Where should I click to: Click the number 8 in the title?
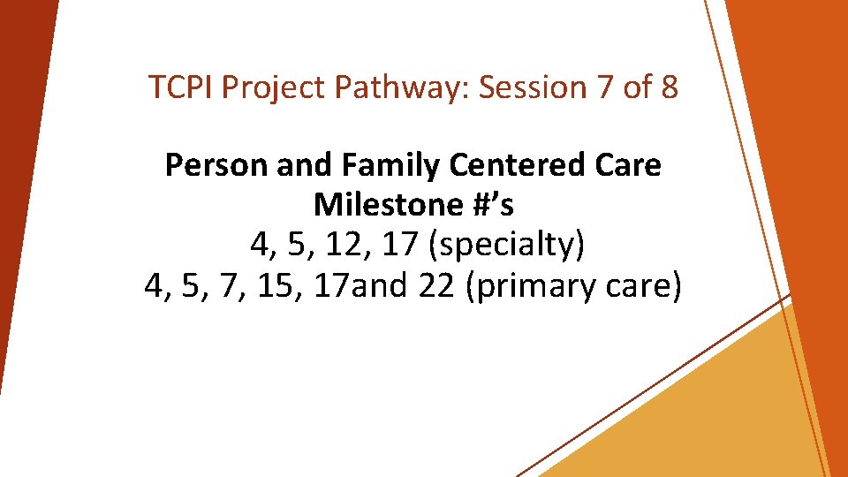point(669,87)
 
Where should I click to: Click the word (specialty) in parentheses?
point(505,246)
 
